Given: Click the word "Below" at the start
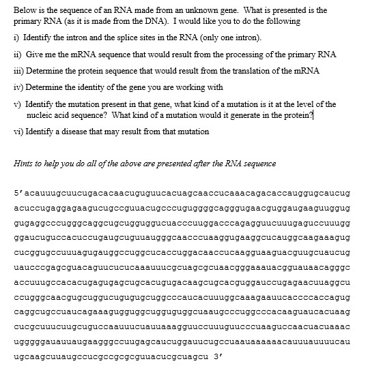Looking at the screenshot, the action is coord(25,10).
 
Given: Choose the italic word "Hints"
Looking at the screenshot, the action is coord(25,161).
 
